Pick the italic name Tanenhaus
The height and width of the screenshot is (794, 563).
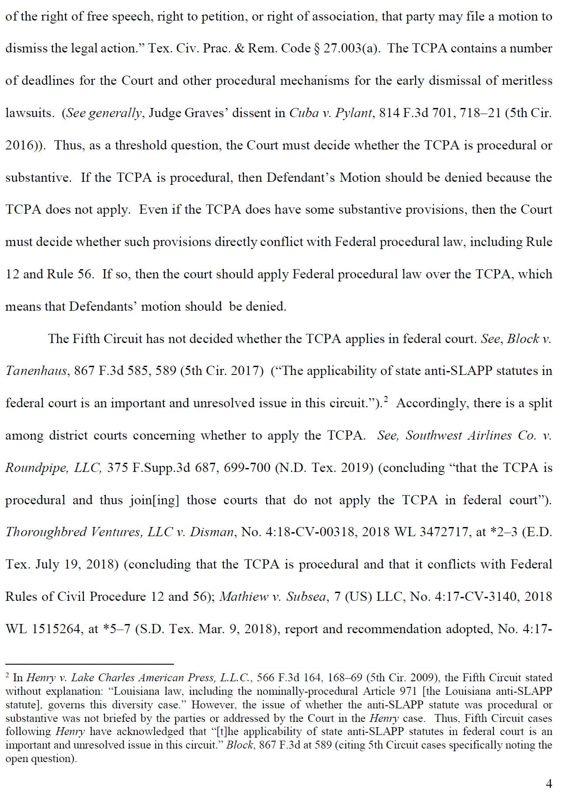[36, 371]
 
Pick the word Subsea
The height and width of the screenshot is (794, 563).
[306, 597]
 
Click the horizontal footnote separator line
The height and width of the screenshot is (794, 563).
[90, 664]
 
